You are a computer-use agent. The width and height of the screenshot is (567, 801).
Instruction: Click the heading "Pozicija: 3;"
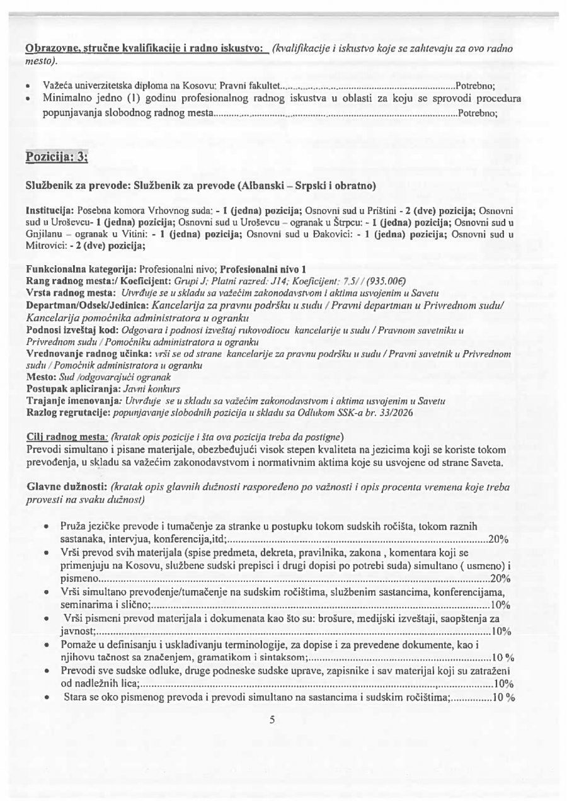pyautogui.click(x=56, y=156)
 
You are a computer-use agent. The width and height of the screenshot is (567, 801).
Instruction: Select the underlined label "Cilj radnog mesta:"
pyautogui.click(x=67, y=436)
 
